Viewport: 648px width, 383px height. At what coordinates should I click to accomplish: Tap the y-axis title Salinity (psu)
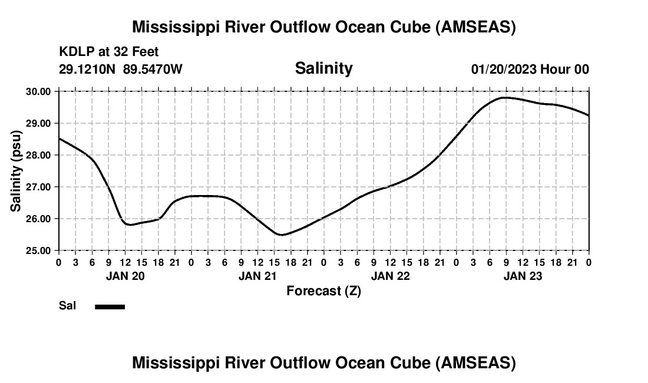point(16,171)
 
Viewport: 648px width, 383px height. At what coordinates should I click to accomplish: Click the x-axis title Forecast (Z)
point(323,290)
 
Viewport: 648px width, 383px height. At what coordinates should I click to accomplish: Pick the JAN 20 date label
point(125,276)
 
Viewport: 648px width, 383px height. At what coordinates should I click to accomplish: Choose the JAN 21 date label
point(257,276)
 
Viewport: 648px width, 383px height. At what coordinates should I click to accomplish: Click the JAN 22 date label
point(390,276)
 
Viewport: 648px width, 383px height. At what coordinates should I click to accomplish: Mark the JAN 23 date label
point(523,276)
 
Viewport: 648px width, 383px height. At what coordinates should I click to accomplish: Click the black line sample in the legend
point(110,306)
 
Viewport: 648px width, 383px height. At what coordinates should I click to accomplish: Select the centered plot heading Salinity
point(323,68)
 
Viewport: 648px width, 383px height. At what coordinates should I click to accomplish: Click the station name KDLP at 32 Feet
point(109,52)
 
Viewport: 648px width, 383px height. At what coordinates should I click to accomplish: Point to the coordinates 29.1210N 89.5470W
point(121,69)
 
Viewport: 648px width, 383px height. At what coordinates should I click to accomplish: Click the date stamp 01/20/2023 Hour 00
point(530,69)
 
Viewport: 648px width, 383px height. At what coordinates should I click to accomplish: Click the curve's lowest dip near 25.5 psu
point(282,235)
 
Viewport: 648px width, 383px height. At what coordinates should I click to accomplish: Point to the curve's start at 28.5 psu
point(59,138)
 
